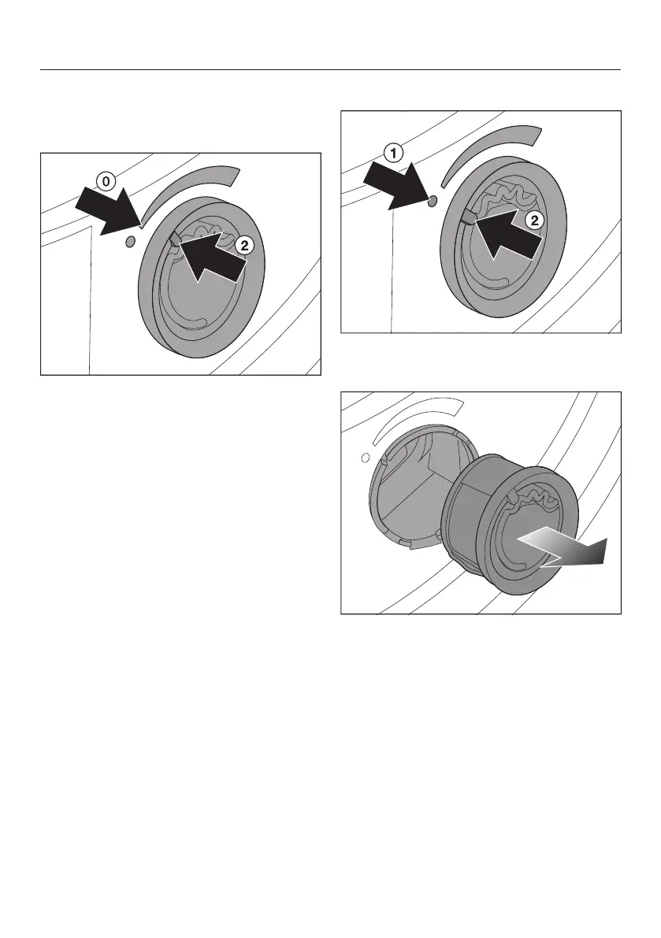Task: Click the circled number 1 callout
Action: (393, 154)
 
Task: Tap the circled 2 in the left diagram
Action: (245, 245)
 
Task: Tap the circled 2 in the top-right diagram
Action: (534, 221)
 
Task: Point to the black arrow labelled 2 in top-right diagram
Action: (508, 232)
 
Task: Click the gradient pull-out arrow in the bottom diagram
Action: (561, 551)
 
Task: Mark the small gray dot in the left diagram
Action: (131, 241)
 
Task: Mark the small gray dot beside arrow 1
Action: (433, 200)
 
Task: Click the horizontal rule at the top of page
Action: (331, 70)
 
